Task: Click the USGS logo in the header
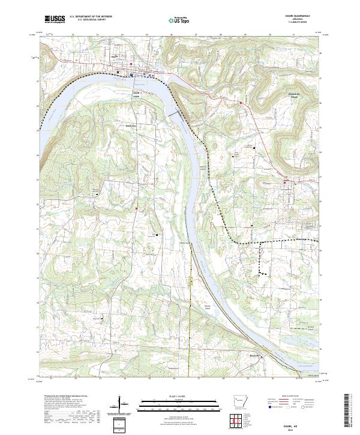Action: point(54,19)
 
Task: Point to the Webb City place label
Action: point(130,125)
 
